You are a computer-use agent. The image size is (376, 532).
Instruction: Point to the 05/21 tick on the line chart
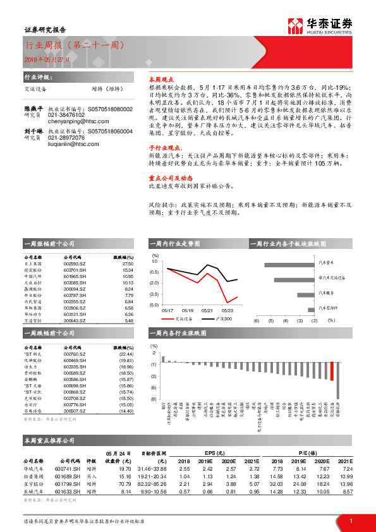pyautogui.click(x=207, y=311)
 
